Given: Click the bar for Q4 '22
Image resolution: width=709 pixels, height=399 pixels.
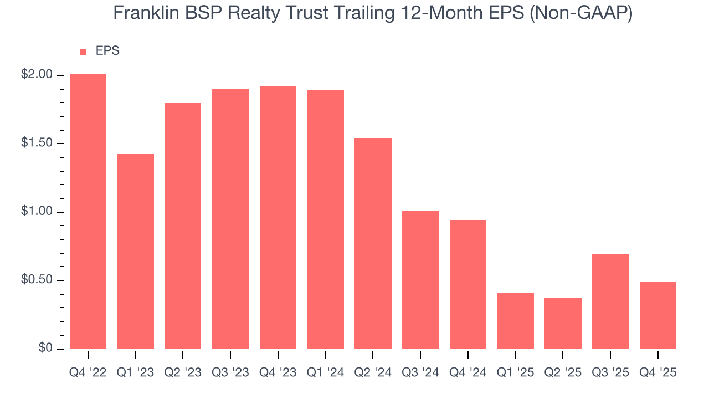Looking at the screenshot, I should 88,211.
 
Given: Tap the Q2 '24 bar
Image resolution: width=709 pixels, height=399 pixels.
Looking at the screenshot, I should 373,243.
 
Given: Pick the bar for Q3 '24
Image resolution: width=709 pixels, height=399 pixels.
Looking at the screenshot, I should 421,280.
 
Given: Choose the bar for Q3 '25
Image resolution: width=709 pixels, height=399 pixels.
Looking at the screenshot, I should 610,301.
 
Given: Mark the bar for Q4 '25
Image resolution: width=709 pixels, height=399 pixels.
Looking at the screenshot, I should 658,315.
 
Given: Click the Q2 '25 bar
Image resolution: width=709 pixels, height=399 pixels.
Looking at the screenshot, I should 563,324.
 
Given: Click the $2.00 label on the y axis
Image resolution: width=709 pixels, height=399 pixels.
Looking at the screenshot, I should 37,75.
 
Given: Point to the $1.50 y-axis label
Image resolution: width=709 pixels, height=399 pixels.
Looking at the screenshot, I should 37,144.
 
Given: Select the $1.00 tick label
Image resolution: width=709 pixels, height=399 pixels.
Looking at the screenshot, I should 37,212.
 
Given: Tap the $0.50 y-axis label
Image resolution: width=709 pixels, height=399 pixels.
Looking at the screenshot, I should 37,280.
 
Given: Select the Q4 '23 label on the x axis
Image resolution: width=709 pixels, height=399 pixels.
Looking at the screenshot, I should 278,373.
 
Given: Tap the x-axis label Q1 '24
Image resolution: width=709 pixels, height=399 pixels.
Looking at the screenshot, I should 326,373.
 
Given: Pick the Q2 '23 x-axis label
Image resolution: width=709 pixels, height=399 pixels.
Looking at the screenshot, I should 183,373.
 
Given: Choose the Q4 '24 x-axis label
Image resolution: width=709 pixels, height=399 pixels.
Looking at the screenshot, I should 468,373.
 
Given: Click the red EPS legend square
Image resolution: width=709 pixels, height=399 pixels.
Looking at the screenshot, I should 83,52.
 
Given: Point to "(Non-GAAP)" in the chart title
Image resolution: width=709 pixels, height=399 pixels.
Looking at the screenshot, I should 580,13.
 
